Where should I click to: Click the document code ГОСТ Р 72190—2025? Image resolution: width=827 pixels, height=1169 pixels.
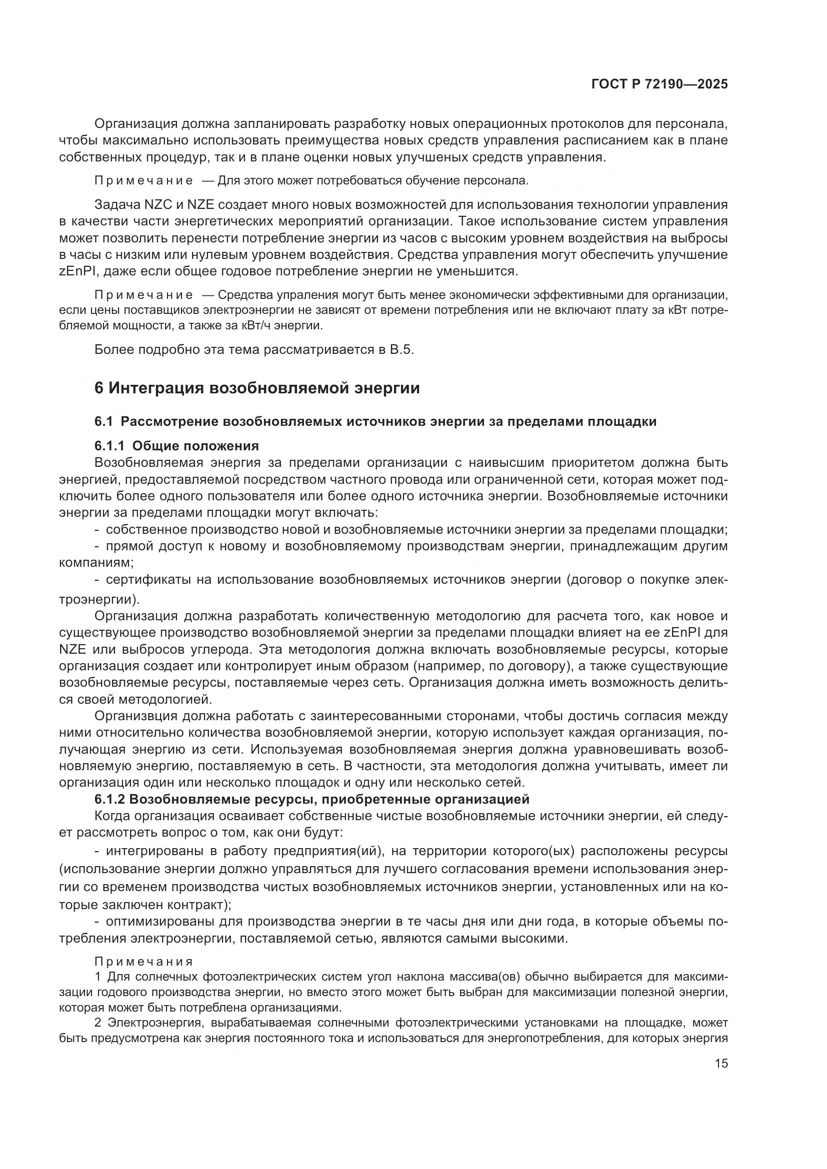pyautogui.click(x=659, y=84)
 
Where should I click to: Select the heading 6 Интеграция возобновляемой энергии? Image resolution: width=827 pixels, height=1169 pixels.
pyautogui.click(x=257, y=388)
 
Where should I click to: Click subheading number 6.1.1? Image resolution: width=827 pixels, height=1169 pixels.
pyautogui.click(x=109, y=446)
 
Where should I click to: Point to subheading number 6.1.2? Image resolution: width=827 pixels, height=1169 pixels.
pyautogui.click(x=109, y=799)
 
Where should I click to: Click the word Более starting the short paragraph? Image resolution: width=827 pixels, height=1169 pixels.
pyautogui.click(x=111, y=350)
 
